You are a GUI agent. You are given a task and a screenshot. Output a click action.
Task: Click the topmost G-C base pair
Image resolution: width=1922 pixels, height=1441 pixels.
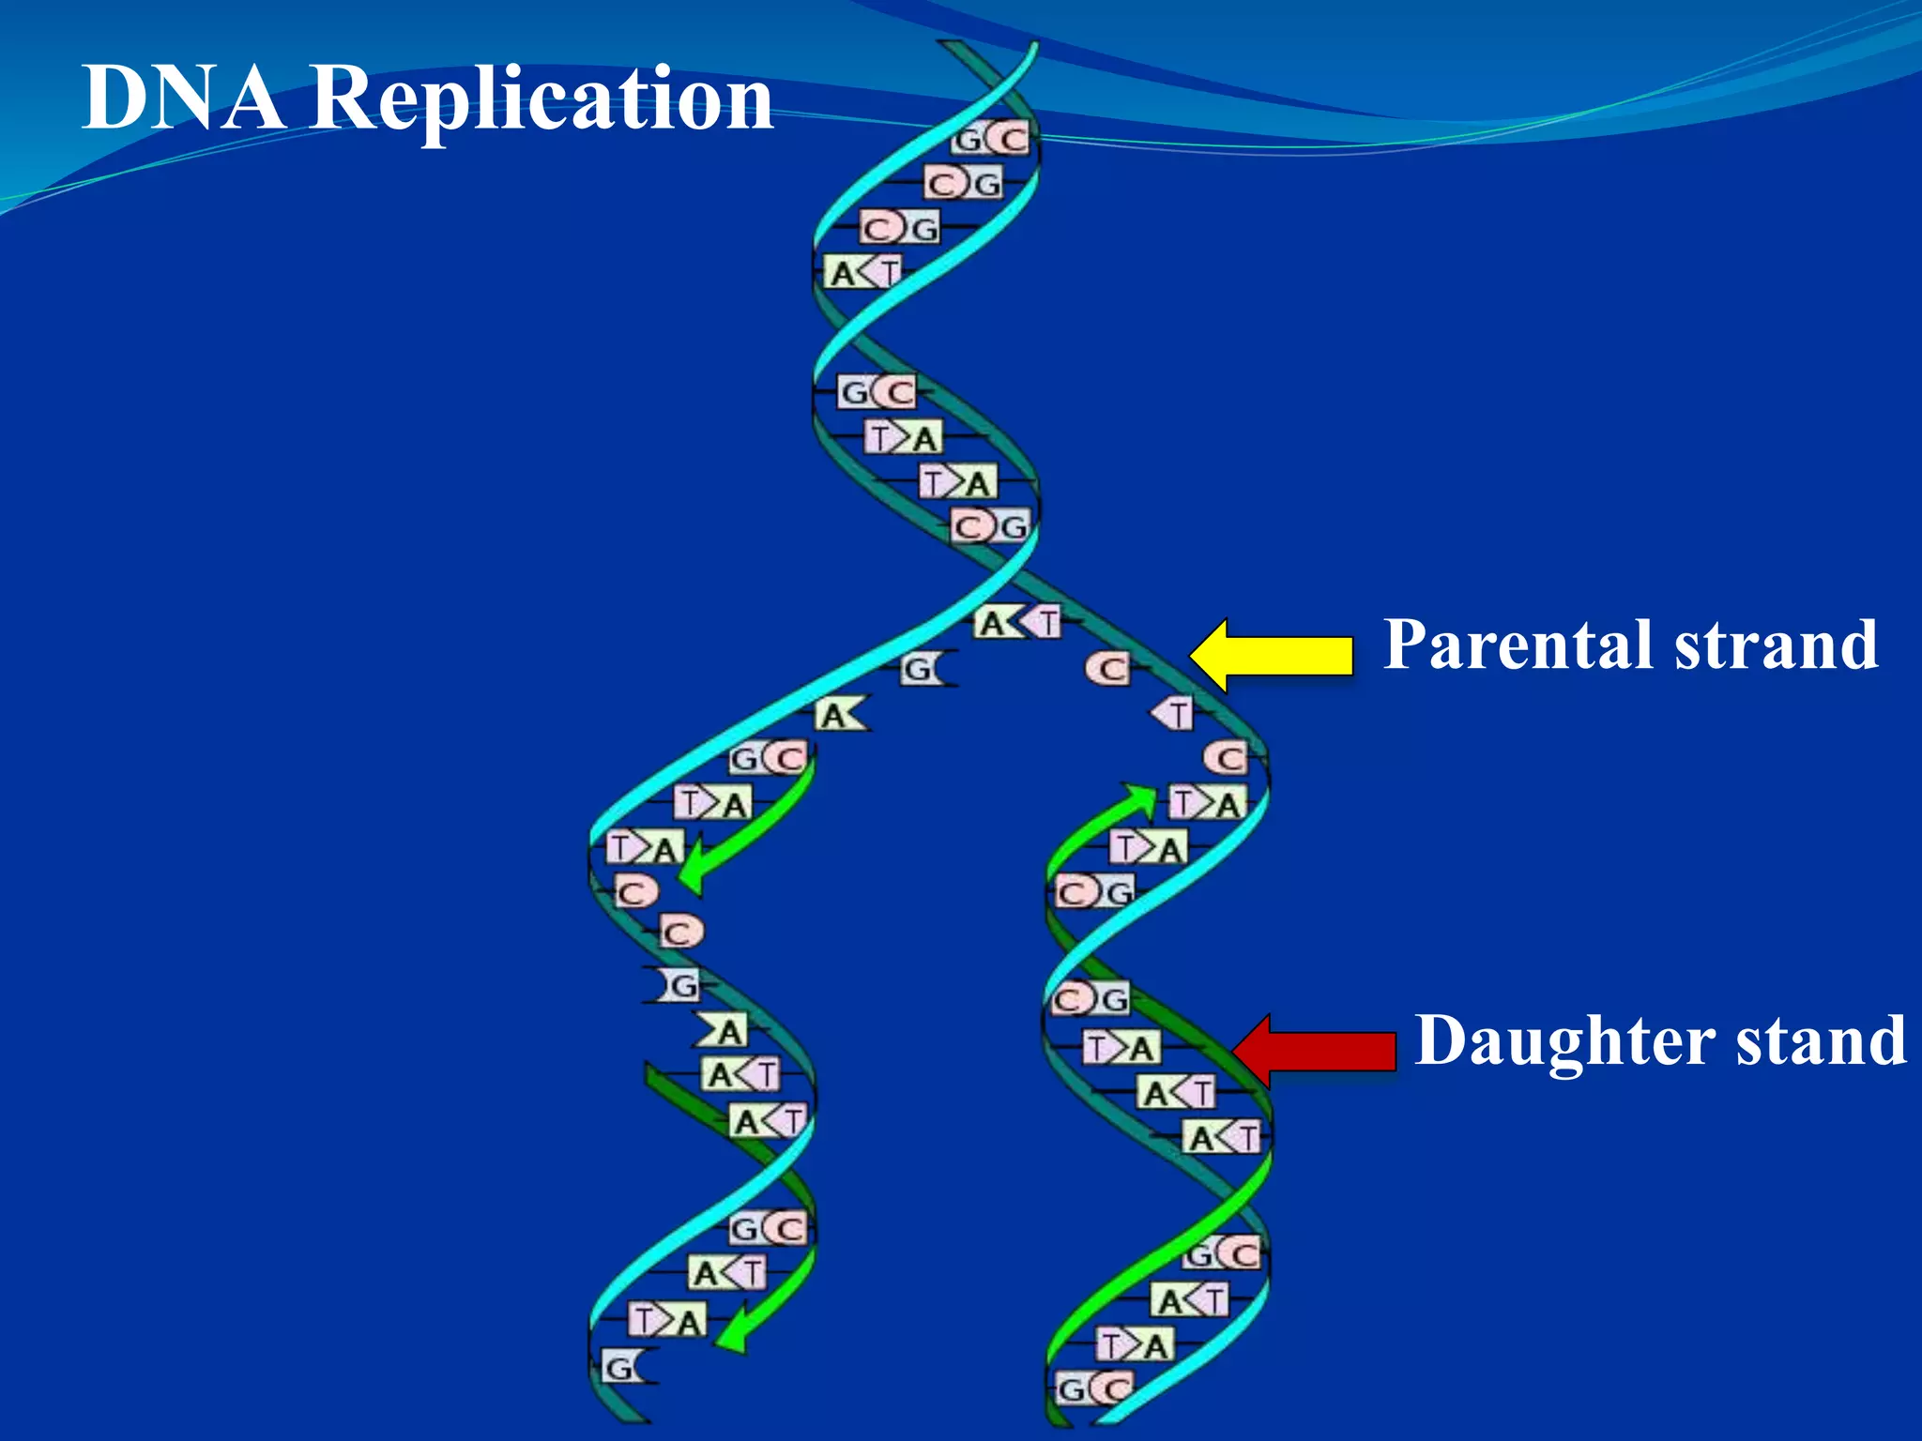click(991, 140)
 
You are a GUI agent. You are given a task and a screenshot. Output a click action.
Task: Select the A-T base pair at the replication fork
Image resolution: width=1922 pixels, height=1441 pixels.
click(1018, 622)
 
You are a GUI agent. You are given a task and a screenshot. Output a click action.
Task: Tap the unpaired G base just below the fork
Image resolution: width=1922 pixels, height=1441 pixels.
click(921, 669)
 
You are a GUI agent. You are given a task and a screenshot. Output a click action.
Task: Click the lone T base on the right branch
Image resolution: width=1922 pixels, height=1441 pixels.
click(1174, 714)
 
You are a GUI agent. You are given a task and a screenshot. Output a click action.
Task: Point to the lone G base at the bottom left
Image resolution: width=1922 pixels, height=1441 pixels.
click(620, 1369)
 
